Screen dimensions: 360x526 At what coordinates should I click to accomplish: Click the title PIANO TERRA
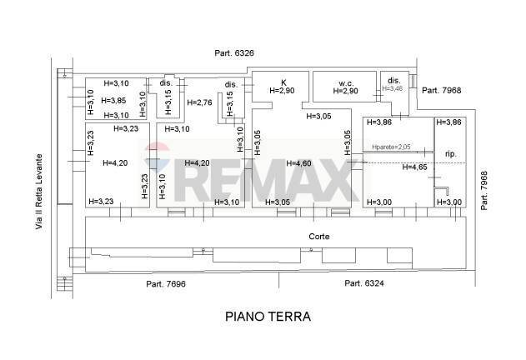point(268,317)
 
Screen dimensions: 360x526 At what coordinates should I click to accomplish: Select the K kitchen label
point(283,82)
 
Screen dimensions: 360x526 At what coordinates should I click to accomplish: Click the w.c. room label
point(348,82)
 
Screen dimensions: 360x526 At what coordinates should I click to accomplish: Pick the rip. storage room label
point(450,154)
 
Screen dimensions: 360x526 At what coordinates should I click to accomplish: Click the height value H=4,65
point(414,167)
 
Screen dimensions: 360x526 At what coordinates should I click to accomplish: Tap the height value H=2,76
point(200,102)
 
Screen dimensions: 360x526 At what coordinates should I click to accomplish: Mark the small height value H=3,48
point(392,88)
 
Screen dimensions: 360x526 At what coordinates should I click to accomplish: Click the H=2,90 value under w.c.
point(348,91)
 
